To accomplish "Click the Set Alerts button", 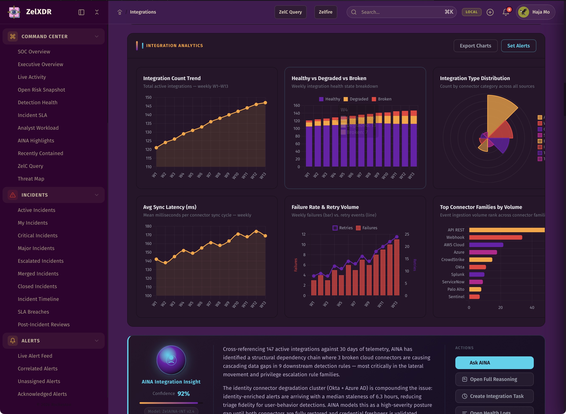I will (518, 46).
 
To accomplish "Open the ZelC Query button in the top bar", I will (290, 12).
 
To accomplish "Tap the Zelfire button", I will (325, 12).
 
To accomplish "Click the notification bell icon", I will (506, 12).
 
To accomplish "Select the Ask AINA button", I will (494, 363).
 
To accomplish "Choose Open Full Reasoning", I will (494, 379).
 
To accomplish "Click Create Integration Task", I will (494, 396).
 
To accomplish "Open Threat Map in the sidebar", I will (31, 179).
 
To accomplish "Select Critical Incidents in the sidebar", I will (38, 236).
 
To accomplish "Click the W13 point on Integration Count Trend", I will (265, 103).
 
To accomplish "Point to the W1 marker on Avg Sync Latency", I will (156, 259).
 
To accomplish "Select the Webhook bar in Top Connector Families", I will (495, 237).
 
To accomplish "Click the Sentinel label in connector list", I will (456, 297).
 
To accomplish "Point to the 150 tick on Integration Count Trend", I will (148, 97).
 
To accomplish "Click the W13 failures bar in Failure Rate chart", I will (397, 267).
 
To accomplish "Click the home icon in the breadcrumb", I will (120, 12).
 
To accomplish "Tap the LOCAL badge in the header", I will (471, 12).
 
